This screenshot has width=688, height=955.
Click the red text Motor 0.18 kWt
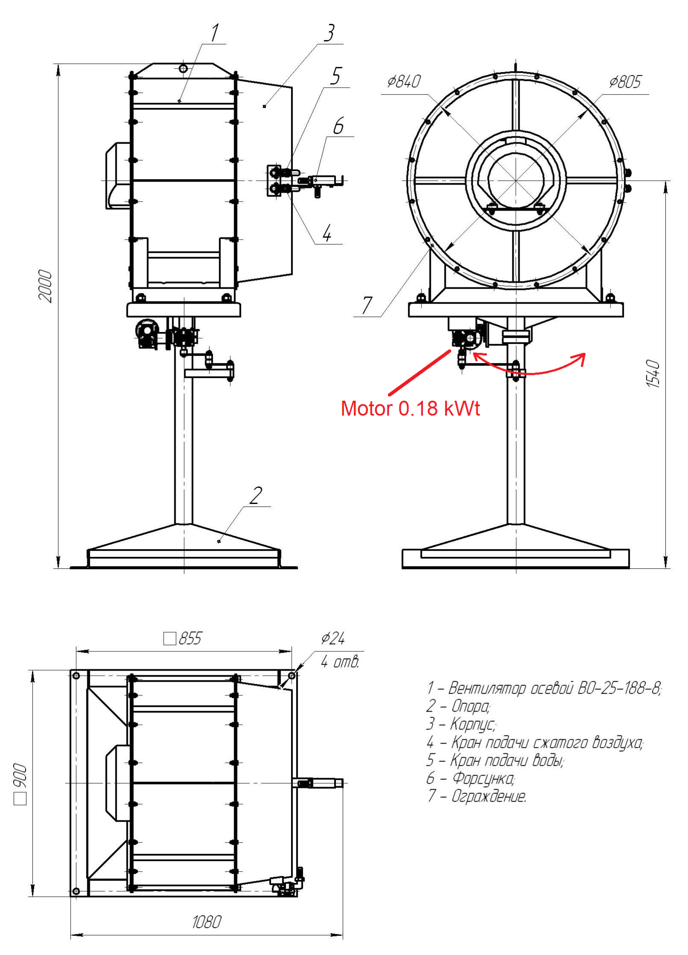(410, 408)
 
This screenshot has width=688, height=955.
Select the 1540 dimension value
(653, 373)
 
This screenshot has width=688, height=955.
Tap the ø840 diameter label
(404, 81)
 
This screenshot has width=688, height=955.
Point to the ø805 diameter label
(624, 81)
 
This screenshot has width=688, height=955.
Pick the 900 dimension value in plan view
(20, 776)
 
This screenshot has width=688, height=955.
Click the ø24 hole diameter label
(332, 638)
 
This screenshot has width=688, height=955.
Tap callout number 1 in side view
(214, 33)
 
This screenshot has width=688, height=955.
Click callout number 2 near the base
(255, 496)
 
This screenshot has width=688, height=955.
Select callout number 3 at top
(329, 33)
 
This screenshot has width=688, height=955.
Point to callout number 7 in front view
(367, 305)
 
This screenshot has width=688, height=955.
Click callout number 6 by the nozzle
(338, 126)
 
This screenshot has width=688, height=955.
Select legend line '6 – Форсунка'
(471, 778)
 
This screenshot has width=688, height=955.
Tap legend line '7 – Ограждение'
(476, 796)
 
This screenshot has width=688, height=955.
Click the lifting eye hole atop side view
(183, 69)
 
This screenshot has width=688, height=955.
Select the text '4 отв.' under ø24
(340, 662)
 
